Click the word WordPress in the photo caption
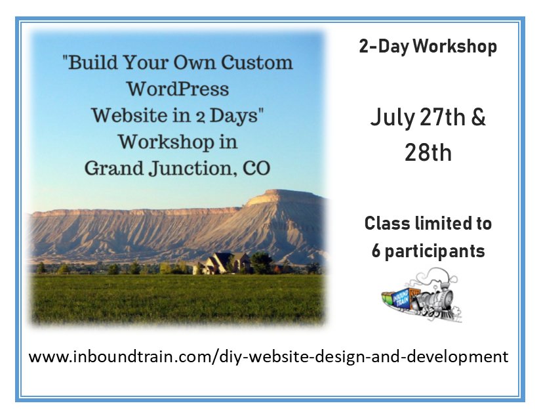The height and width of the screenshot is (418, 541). point(178,89)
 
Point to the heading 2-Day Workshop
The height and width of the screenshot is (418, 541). point(428,47)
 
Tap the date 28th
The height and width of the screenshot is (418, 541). point(428,152)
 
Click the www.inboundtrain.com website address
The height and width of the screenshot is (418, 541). point(269,357)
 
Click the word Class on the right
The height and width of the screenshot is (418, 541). point(384,224)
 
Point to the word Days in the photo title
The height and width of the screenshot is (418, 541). point(237,115)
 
